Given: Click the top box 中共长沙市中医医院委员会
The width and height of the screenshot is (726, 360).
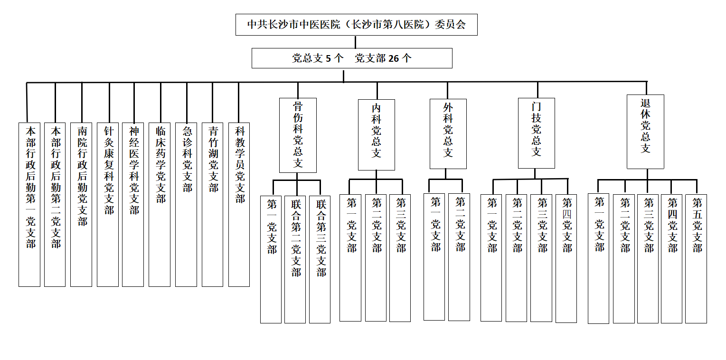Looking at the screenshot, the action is coord(357,25).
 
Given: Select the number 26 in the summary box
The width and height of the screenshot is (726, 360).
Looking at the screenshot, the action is coord(394,58).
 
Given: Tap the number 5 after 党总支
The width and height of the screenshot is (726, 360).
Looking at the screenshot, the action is coord(328,58).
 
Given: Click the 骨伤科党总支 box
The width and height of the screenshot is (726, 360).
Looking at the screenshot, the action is coord(298,135).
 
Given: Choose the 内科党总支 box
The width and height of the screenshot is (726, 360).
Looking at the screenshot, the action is coord(376,135).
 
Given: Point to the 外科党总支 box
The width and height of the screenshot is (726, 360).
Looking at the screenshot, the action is coord(448,134).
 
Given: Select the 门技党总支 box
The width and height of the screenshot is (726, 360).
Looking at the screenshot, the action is coord(537,133).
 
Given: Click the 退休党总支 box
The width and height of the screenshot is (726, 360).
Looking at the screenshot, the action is coord(645,132).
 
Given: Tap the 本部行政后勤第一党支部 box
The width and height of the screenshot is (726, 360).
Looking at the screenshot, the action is coord(29,205).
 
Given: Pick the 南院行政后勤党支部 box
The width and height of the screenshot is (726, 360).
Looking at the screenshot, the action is coord(81,205).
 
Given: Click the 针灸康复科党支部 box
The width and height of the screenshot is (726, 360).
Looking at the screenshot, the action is coord(108,205).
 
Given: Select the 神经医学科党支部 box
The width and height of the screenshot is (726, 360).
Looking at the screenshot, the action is coord(133,205).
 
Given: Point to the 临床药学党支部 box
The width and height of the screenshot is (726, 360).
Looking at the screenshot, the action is coord(160,205).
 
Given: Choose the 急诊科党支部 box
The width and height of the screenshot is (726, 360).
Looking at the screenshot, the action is coord(186,205).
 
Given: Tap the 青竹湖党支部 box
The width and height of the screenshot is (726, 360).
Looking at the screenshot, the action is coord(213,205).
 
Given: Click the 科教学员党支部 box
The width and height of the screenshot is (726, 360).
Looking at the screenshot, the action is coord(239,205).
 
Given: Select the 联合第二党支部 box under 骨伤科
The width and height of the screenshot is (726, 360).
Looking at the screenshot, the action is coord(295,259).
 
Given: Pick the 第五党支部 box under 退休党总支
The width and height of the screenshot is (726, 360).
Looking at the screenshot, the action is coord(696,259).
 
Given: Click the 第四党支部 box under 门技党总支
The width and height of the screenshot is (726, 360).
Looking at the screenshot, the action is coord(566,258).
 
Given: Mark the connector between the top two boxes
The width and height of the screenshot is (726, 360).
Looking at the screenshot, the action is coord(356,42).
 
